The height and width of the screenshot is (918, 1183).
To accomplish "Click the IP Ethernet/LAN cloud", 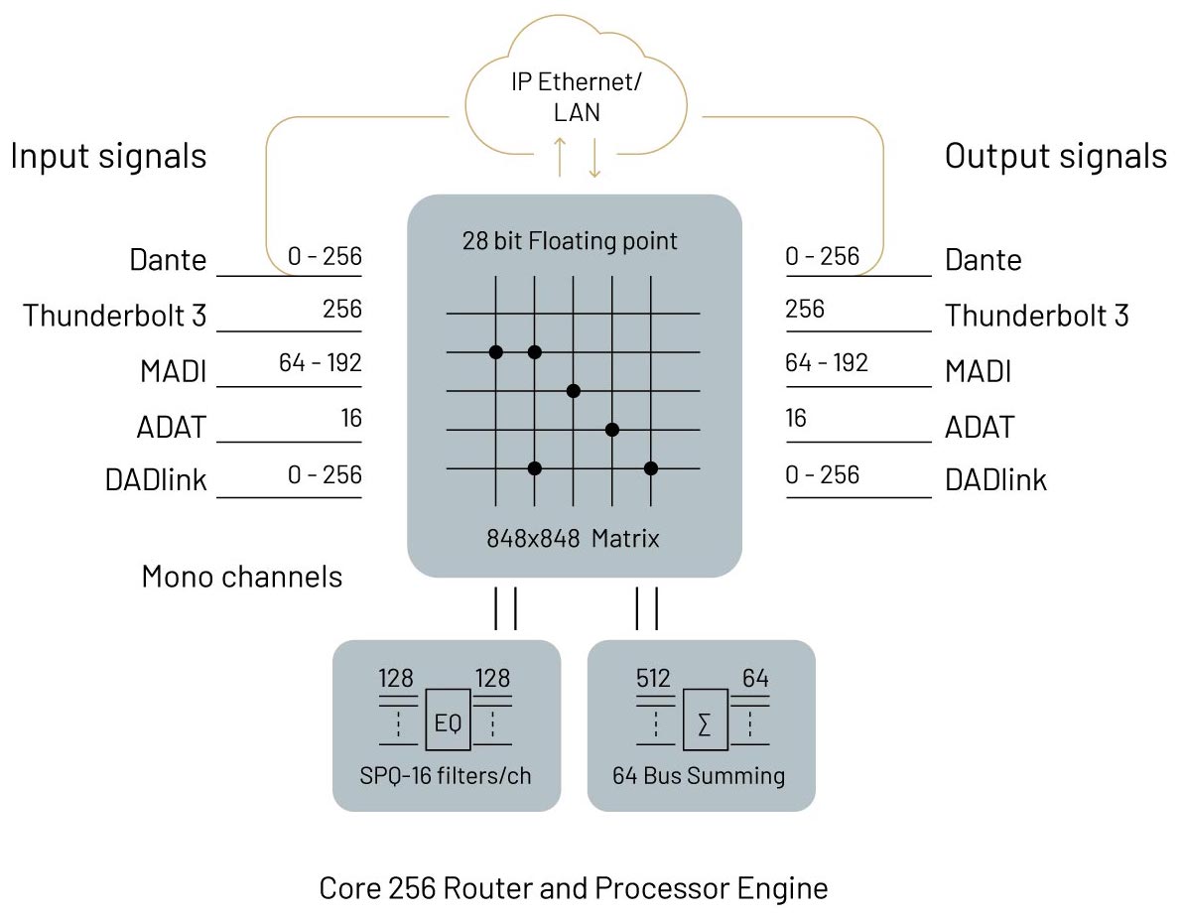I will point(576,95).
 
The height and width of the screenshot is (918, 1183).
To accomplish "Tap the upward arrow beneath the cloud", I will point(560,156).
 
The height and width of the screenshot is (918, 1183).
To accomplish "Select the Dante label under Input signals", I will point(168,260).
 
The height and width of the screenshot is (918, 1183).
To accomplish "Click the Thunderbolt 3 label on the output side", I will point(1036,316).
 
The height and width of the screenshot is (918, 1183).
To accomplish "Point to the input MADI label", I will point(173,372).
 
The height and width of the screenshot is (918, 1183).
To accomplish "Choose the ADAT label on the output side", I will point(979,428).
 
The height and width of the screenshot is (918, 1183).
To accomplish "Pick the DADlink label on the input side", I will point(156,480).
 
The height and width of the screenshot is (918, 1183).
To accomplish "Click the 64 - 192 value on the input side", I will point(320,363).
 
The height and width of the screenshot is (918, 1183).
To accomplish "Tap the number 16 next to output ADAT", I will point(796,418).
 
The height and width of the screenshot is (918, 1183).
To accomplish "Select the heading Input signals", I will point(108,156).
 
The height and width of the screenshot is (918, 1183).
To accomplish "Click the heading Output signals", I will point(1056,156).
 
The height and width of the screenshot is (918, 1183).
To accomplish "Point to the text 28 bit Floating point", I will point(570,240).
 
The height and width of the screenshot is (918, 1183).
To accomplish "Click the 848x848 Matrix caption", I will point(573,539).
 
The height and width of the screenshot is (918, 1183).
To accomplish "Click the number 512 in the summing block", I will point(653,680).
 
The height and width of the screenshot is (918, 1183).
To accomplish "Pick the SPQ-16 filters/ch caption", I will point(446,775).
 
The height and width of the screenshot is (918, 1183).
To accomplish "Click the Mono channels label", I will point(242,577).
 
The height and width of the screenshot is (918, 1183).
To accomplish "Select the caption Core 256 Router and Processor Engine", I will point(573,887).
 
